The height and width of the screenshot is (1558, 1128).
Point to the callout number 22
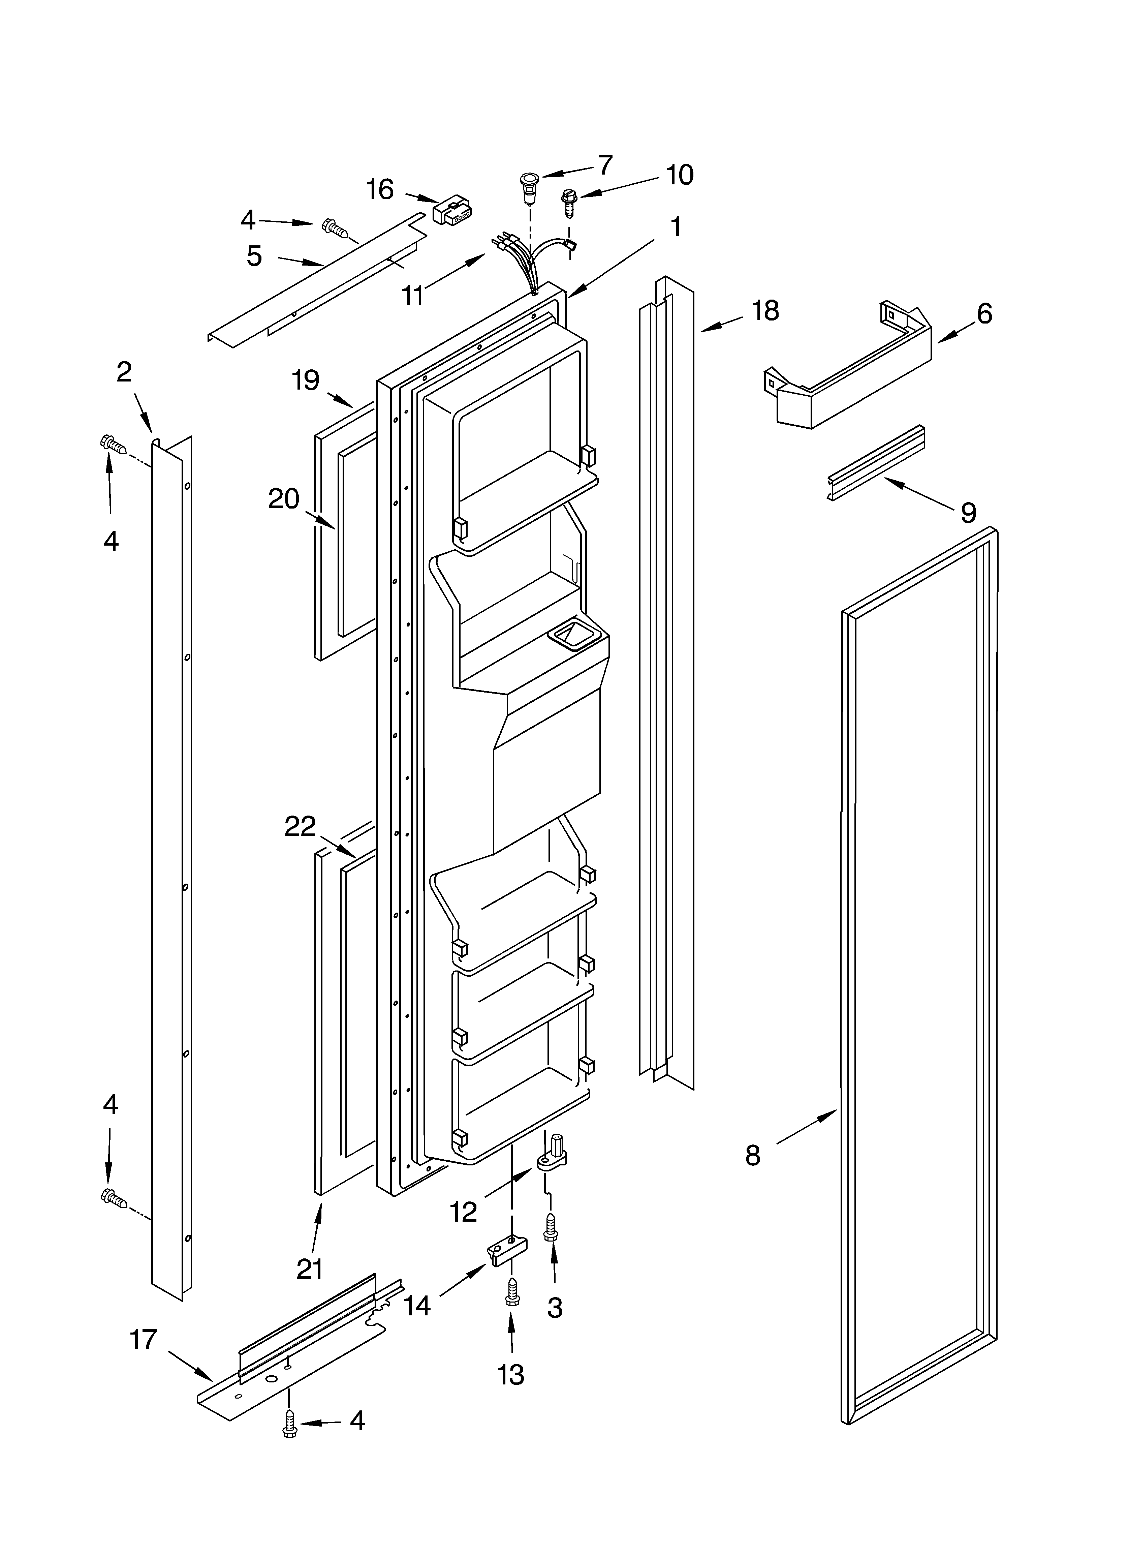(300, 826)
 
